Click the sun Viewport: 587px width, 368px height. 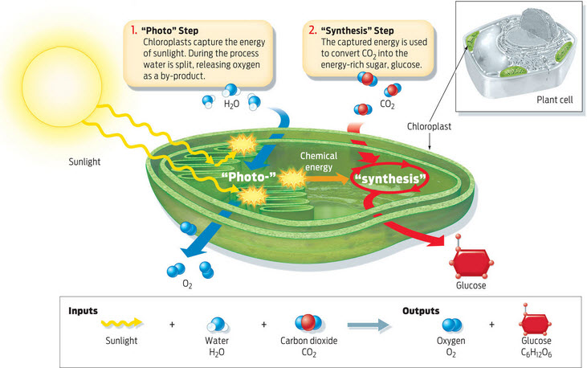coord(62,87)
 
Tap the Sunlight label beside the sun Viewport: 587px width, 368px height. coord(84,162)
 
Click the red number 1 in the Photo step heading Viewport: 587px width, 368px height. coord(133,30)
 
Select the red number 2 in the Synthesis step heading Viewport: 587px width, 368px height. coord(312,30)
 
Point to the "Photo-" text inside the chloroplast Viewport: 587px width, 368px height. coord(249,177)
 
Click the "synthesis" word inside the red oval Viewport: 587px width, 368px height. coord(389,178)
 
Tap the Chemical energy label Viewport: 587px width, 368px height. coord(319,162)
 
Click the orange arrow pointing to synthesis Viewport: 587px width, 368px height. coord(328,178)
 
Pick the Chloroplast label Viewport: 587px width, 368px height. coord(429,127)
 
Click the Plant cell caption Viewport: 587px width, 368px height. coord(555,100)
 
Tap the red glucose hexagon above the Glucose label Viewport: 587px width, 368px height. coord(471,262)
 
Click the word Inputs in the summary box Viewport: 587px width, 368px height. coord(83,311)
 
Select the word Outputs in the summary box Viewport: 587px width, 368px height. coord(421,311)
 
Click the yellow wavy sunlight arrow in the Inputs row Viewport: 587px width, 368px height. coord(122,323)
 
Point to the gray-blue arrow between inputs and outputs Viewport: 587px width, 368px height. coord(369,325)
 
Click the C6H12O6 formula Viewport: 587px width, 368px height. coord(536,353)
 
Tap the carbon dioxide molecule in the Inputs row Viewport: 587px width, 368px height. coord(308,323)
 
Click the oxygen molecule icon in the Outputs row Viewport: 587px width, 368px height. coord(452,325)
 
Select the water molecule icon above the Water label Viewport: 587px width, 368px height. coord(218,325)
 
